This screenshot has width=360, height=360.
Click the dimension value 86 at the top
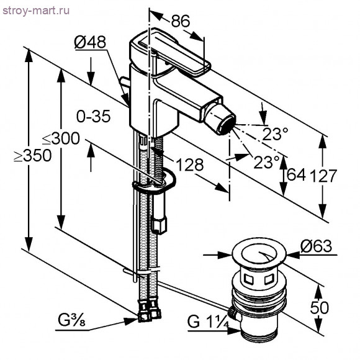click(x=180, y=21)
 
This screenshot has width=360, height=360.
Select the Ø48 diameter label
click(x=90, y=43)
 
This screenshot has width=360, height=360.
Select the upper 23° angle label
click(x=274, y=133)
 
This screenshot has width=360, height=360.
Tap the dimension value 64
click(x=296, y=175)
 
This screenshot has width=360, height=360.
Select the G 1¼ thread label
click(x=207, y=322)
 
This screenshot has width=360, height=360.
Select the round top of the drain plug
click(x=258, y=255)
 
